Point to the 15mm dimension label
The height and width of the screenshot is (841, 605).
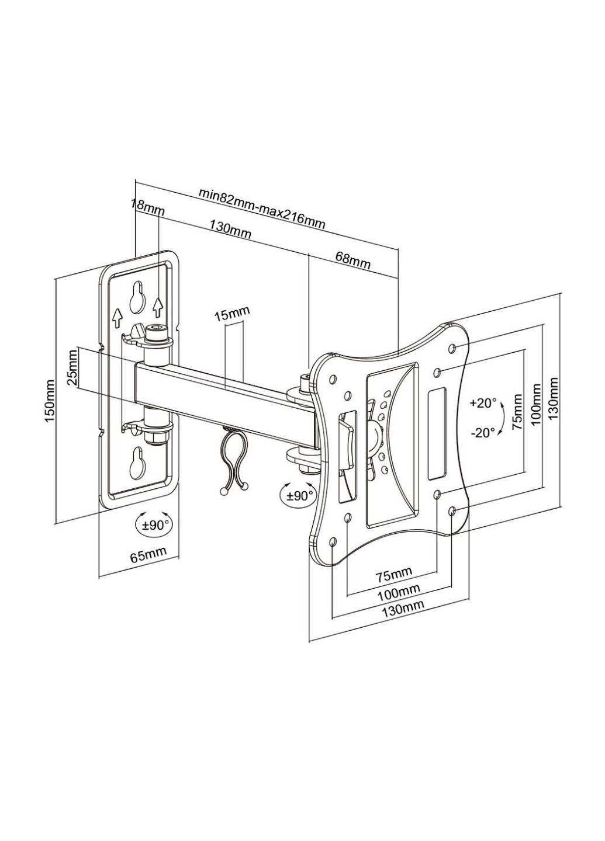point(231,312)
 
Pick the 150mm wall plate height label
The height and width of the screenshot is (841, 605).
point(50,401)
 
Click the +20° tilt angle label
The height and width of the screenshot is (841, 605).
point(483,403)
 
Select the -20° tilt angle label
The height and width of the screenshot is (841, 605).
point(483,433)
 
